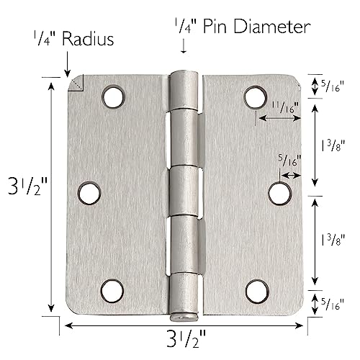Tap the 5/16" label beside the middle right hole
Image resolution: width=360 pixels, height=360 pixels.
tap(287, 162)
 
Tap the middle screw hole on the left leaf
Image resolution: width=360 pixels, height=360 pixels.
tap(87, 192)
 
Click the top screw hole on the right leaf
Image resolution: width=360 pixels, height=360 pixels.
tap(253, 96)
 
